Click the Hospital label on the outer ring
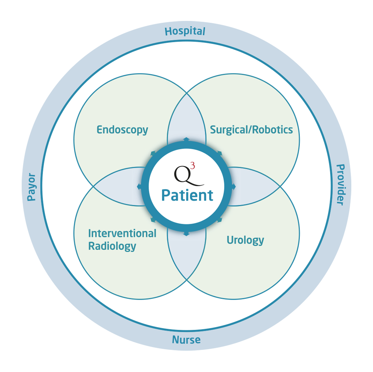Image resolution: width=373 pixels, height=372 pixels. point(185,31)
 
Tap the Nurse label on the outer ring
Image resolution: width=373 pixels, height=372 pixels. point(186,340)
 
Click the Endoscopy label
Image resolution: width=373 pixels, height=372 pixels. point(122,130)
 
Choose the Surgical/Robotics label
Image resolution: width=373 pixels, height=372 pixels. point(251,130)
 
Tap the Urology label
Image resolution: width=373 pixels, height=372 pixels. point(245,240)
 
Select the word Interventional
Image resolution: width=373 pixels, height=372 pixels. point(122,233)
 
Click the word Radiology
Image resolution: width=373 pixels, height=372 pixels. point(112,246)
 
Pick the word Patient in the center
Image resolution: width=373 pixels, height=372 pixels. point(187,195)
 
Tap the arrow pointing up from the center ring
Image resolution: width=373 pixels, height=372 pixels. point(186,139)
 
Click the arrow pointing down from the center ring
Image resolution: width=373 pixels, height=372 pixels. point(186,233)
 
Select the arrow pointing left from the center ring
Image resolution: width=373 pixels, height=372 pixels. point(139,187)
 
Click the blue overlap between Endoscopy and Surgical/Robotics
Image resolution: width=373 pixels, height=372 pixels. point(186,116)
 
